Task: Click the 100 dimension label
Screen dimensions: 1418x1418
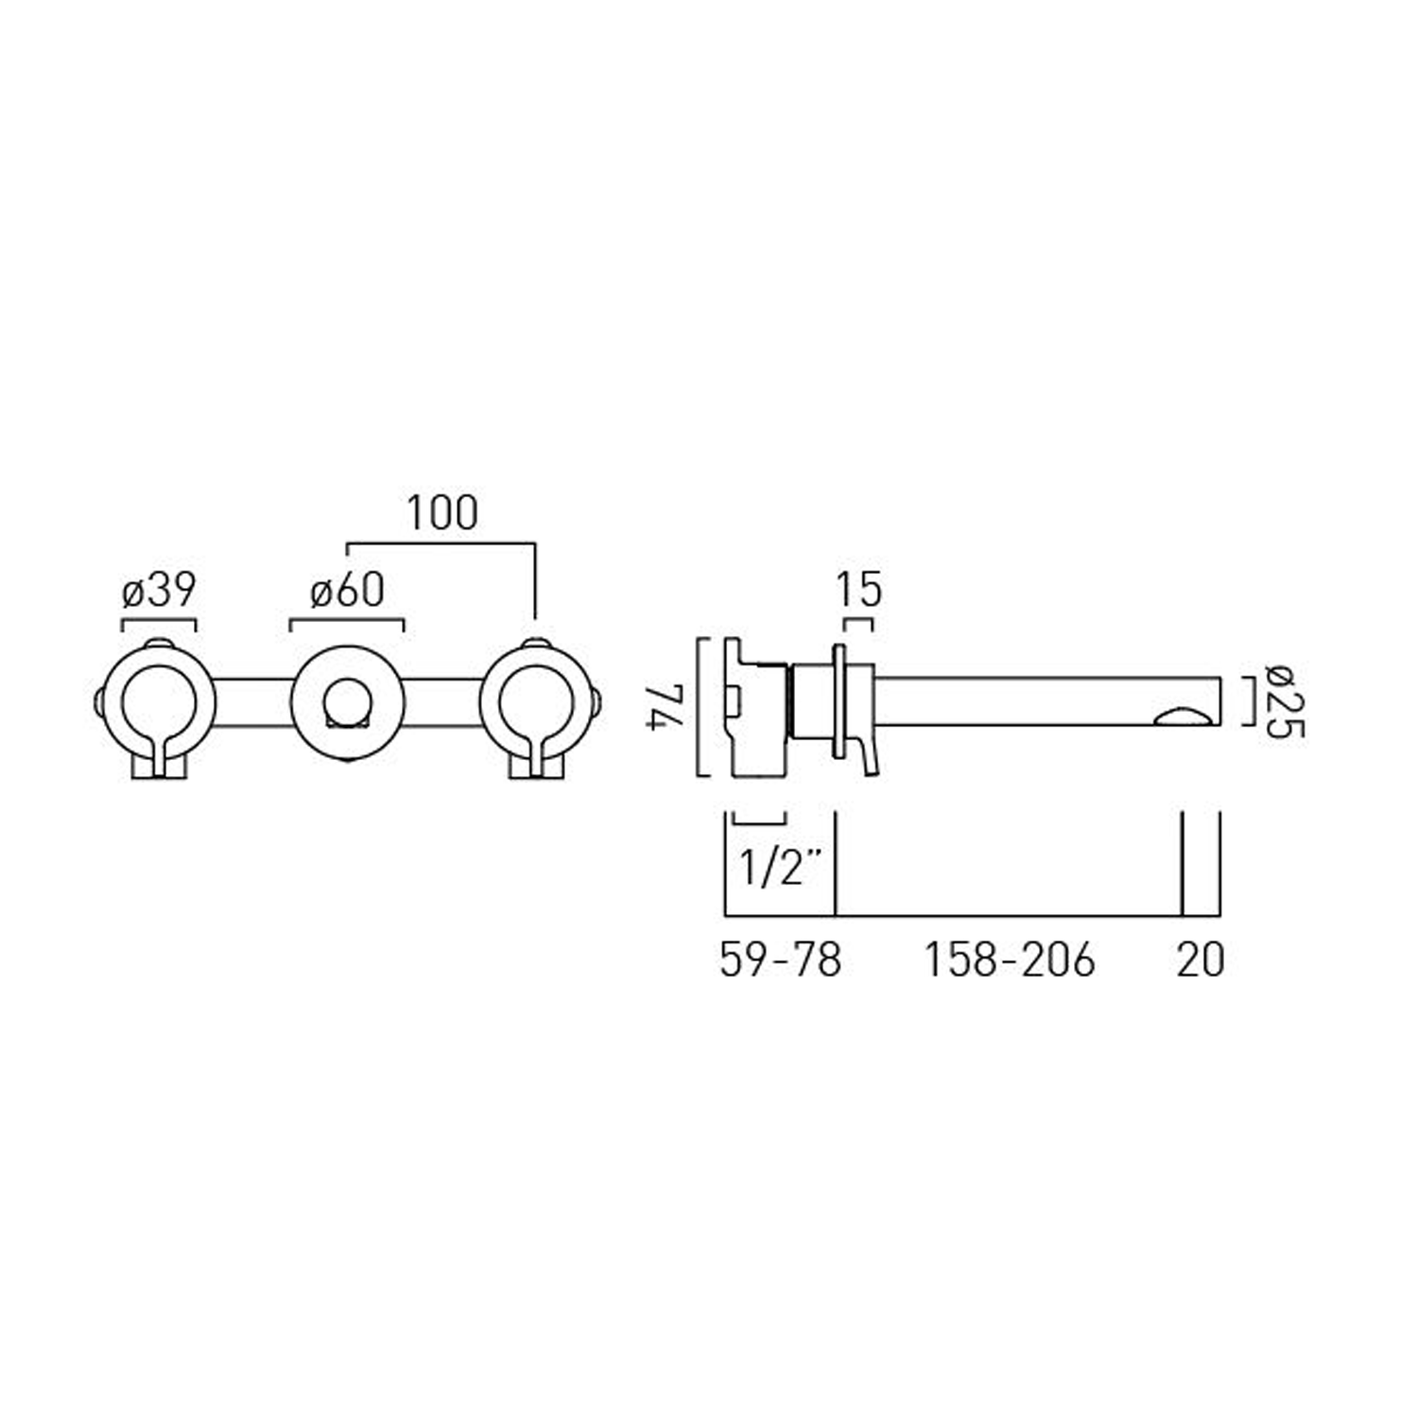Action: pos(442,513)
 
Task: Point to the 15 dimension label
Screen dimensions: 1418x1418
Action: pos(858,591)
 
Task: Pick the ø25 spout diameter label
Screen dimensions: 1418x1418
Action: pos(1287,703)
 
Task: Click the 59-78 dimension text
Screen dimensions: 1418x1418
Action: pos(780,960)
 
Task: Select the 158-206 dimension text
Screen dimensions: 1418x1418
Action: pos(1009,960)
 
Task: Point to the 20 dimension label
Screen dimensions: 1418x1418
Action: pos(1201,960)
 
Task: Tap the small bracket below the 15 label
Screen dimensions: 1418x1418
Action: pos(858,621)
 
